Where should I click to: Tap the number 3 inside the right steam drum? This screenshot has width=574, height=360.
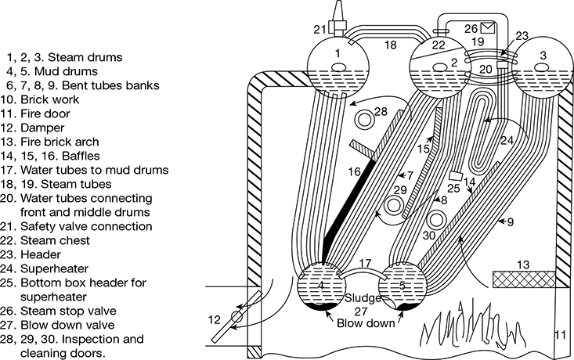[540, 59]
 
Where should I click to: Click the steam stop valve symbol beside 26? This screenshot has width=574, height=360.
[498, 29]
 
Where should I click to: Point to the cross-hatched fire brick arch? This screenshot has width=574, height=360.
[520, 278]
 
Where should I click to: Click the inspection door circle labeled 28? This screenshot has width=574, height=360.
[363, 120]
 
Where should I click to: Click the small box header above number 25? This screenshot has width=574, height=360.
[456, 176]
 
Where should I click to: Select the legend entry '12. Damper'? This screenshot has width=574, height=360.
[30, 128]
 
